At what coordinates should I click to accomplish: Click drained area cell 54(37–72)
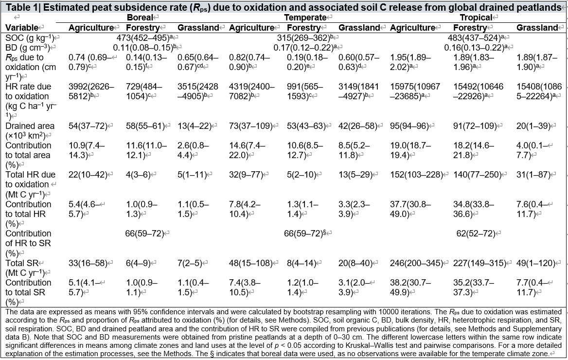[88, 126]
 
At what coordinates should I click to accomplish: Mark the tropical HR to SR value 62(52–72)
[475, 234]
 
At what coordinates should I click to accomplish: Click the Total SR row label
[22, 263]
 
